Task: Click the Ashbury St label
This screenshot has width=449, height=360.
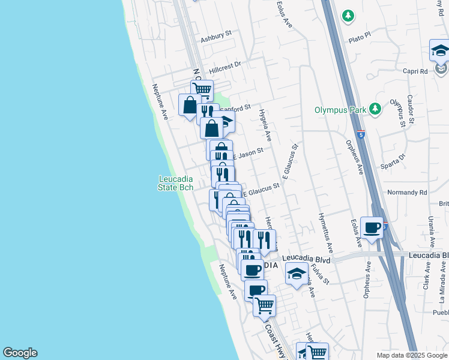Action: coord(216,38)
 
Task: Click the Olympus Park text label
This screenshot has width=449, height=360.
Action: coord(341,110)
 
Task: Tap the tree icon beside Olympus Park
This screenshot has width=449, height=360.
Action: coord(375,109)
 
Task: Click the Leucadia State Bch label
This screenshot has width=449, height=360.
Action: coord(176,183)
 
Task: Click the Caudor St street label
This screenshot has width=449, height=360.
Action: coord(411,109)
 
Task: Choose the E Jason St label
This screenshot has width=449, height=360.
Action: coord(248,154)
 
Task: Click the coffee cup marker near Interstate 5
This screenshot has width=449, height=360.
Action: coord(372,228)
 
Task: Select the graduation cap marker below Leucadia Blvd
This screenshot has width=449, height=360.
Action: coord(297,274)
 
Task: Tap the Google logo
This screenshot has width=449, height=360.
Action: coord(20,353)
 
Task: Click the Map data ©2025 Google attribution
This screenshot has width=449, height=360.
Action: coord(411,355)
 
